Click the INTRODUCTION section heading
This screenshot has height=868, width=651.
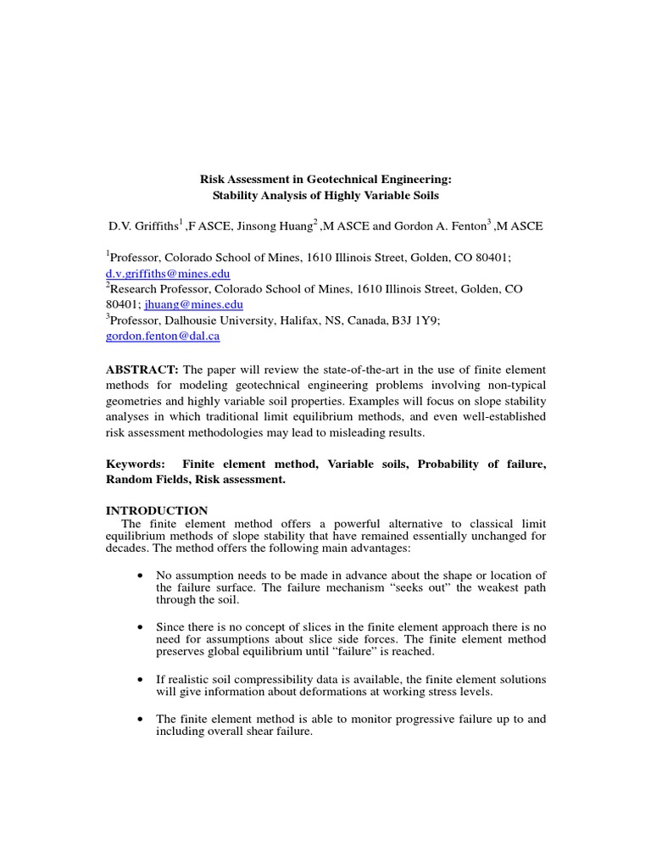(157, 510)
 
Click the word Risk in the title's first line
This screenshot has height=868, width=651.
(213, 180)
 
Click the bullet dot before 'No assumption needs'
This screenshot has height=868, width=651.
(139, 576)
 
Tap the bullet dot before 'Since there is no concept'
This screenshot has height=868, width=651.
(139, 626)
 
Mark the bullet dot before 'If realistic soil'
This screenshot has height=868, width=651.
(139, 680)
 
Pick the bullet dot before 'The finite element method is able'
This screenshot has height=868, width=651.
(139, 719)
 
